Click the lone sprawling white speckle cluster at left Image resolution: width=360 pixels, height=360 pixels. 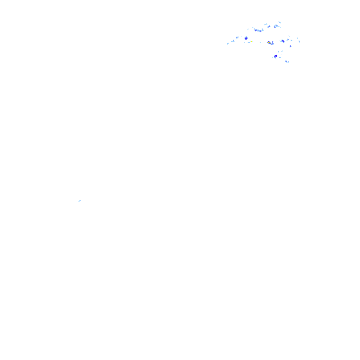coord(80,201)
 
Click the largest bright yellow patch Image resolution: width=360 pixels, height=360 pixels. coord(269,43)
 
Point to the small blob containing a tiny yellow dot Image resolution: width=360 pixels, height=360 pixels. coord(251,42)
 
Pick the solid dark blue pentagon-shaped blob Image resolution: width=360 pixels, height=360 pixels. coord(246,37)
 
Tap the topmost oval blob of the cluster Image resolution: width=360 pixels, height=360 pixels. coord(279,22)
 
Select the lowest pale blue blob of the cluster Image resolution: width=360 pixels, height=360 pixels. coord(286,61)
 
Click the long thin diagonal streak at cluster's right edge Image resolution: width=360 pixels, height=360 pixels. coord(298,40)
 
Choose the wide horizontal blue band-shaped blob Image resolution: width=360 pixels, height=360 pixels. coord(258,30)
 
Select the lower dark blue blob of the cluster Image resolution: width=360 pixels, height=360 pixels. coord(276,56)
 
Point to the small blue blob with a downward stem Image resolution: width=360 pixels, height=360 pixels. coord(290,46)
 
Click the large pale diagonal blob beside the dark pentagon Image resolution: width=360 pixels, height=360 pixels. coord(235,40)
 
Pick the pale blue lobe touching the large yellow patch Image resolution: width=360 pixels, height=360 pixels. coord(272,43)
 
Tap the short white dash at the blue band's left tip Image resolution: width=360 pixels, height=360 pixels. coord(253,28)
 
